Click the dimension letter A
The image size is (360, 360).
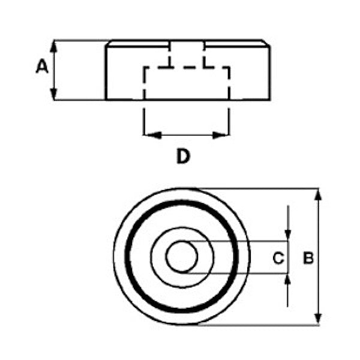click(41, 66)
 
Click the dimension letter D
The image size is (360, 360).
click(183, 157)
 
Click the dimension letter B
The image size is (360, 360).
click(308, 259)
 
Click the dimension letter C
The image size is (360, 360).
click(278, 259)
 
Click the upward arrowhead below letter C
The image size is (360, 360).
click(289, 280)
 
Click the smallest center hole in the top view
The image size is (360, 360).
click(182, 257)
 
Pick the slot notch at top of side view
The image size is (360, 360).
click(188, 46)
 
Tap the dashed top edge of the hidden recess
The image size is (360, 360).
click(187, 67)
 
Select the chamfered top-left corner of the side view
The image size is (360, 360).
click(108, 43)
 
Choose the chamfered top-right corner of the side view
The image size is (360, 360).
click(267, 43)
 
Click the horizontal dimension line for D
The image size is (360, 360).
click(187, 135)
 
